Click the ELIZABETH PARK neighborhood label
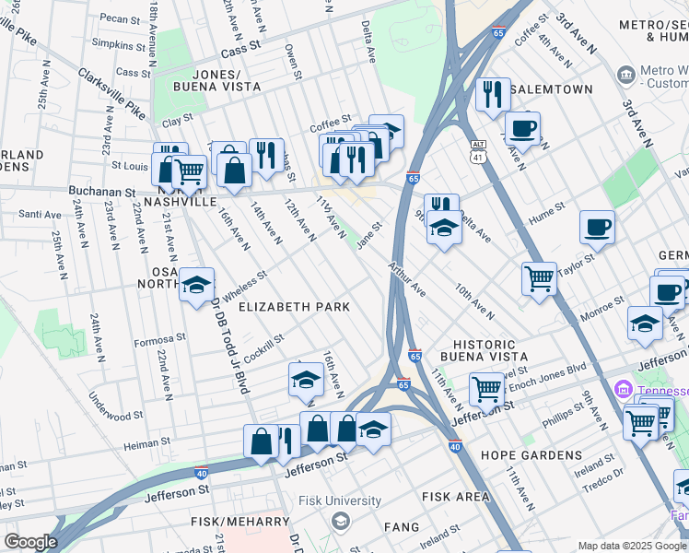click(295, 306)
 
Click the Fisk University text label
click(340, 501)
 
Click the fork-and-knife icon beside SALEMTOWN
click(493, 94)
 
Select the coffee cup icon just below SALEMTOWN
click(522, 128)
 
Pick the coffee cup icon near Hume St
click(597, 227)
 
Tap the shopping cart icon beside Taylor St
click(539, 277)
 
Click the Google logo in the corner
click(30, 542)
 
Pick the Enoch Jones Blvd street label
click(549, 371)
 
